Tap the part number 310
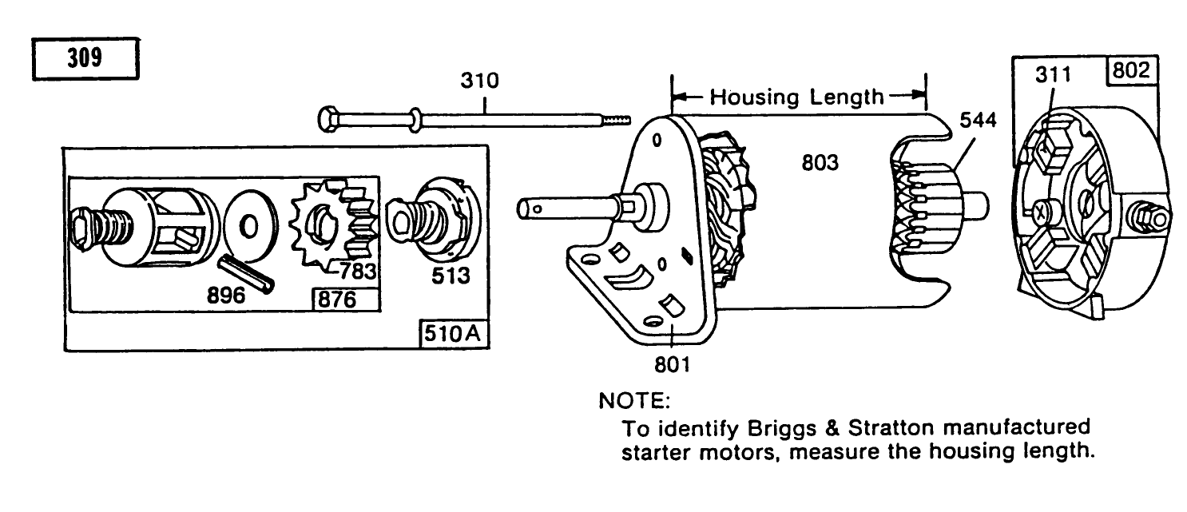point(479,81)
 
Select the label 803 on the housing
point(820,164)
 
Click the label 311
point(1054,75)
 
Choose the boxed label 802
point(1130,71)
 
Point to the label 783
point(357,272)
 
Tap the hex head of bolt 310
point(328,120)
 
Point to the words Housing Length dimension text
point(798,97)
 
